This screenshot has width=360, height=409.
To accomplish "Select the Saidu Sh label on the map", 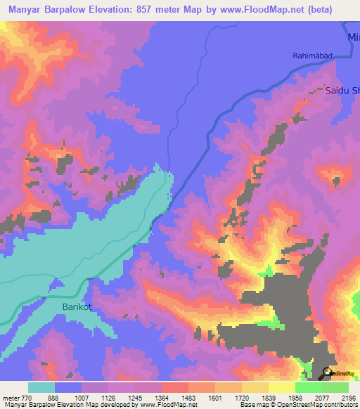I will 342,91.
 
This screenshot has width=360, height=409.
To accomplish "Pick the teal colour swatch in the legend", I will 41,387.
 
